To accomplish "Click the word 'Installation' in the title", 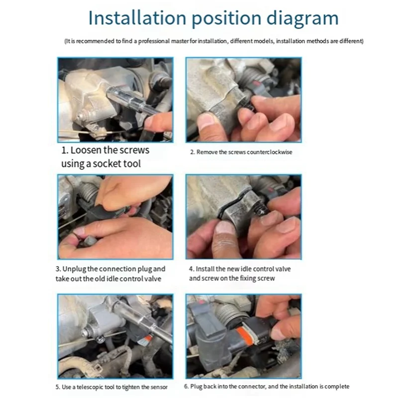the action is [137, 18].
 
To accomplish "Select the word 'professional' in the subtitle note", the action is [154, 41].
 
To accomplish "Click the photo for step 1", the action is [115, 100].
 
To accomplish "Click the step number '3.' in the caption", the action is [58, 269].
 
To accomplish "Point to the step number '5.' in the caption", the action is [58, 387].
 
